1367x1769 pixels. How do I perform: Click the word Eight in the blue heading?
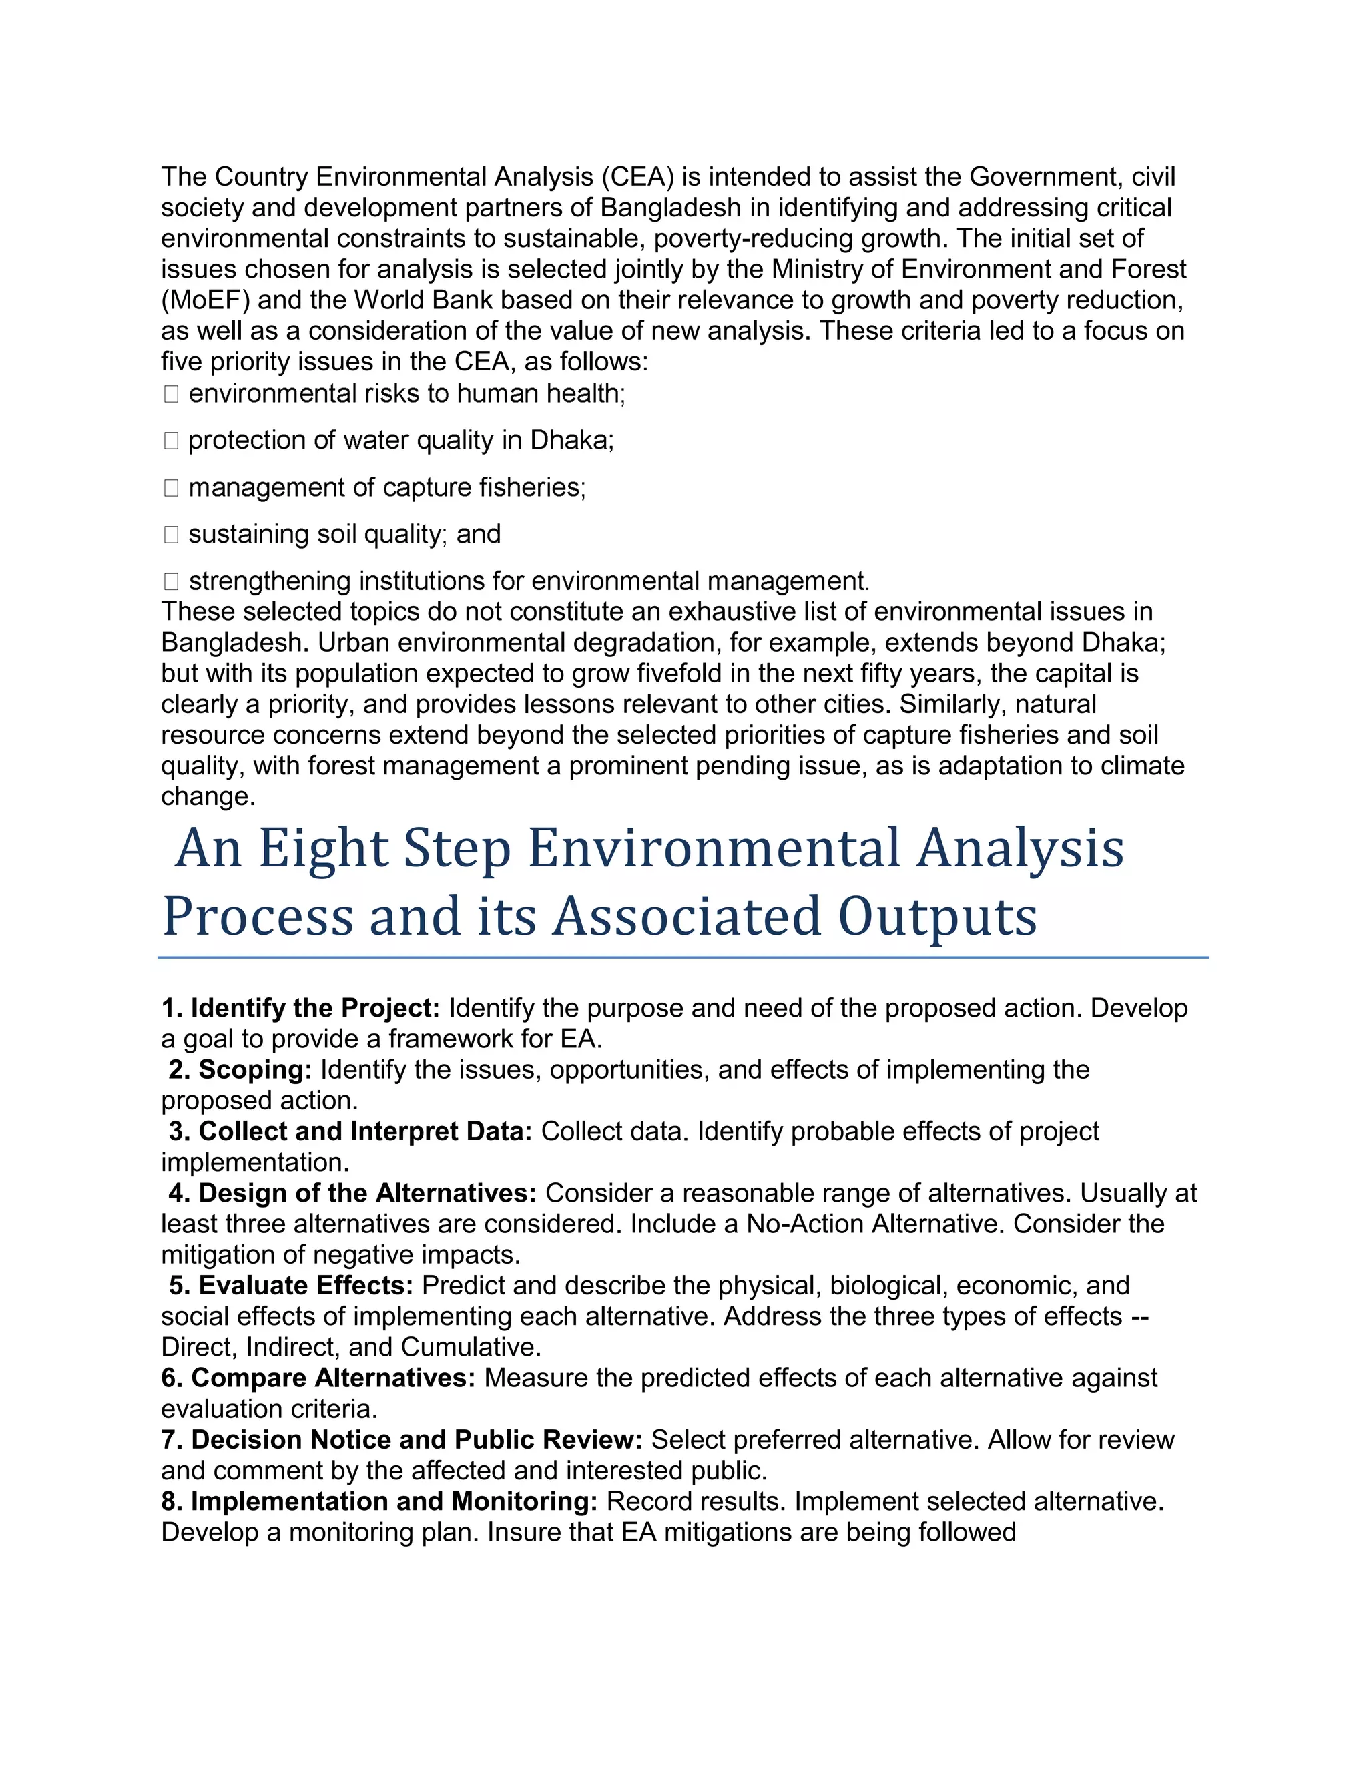point(323,849)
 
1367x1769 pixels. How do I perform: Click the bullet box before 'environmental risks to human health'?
point(171,394)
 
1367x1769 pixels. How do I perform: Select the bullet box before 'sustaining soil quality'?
point(171,535)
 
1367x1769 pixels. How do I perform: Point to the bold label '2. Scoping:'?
point(240,1070)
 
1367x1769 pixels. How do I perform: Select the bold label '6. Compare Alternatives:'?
point(318,1378)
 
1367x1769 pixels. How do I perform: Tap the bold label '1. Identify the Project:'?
point(300,1009)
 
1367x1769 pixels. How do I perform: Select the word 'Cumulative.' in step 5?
point(471,1347)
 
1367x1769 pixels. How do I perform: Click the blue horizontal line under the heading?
point(683,957)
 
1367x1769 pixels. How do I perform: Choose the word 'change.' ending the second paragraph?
point(208,796)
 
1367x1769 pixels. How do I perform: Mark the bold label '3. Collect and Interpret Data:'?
point(350,1131)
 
